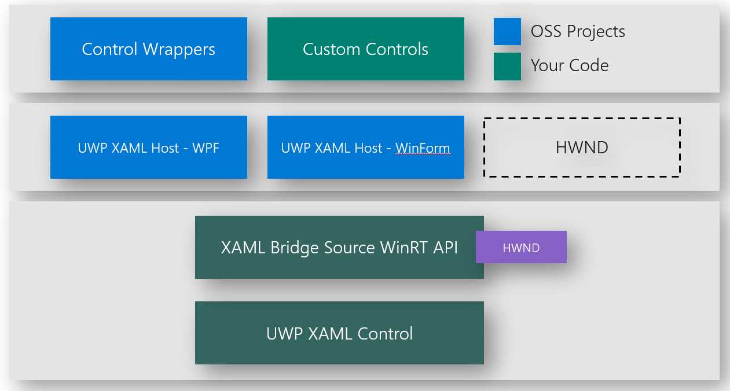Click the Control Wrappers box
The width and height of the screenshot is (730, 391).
[148, 49]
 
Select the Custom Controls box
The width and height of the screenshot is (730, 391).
[365, 49]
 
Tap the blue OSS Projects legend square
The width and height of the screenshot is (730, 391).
[507, 31]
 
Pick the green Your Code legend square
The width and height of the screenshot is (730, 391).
[507, 66]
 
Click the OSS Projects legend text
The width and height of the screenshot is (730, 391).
[578, 31]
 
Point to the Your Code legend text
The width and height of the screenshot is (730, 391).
[570, 65]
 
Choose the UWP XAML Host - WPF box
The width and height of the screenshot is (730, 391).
[148, 147]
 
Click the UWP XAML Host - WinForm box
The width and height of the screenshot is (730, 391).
[365, 147]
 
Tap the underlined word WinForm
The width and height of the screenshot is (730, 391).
[423, 148]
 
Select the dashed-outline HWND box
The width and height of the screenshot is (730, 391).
[582, 147]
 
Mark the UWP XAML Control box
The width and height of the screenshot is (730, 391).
[339, 333]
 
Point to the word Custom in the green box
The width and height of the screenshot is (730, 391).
[329, 49]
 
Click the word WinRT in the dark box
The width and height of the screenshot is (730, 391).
[404, 248]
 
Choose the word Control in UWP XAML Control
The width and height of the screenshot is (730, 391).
[385, 334]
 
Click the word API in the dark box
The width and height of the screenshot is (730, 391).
[445, 248]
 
